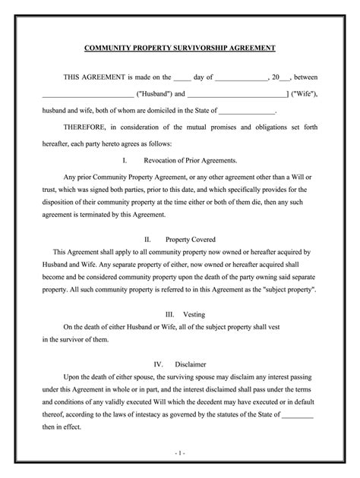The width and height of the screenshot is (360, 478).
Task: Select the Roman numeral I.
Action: tap(124, 160)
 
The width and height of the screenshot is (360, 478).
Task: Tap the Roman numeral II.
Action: tap(147, 237)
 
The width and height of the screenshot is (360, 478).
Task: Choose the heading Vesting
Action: tap(188, 314)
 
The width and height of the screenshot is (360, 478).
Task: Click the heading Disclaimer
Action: tap(191, 363)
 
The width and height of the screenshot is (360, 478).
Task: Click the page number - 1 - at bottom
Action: tap(179, 453)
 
